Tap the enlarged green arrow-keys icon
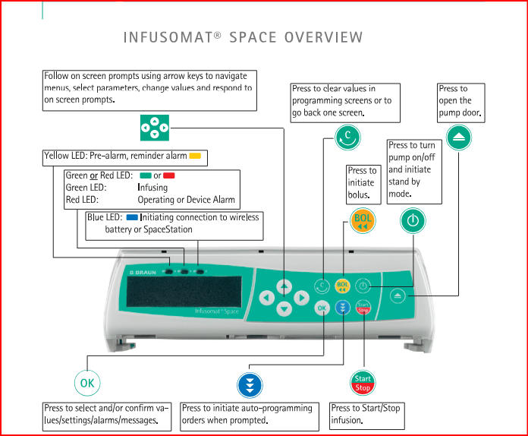(155, 127)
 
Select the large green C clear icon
(348, 137)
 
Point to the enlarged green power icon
(412, 221)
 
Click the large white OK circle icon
(87, 382)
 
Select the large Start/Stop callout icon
(363, 382)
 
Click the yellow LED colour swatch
(195, 156)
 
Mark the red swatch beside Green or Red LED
(169, 175)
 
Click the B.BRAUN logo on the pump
(142, 270)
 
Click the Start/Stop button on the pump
(364, 308)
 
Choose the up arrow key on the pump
(284, 286)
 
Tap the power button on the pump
(364, 286)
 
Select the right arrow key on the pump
(302, 299)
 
